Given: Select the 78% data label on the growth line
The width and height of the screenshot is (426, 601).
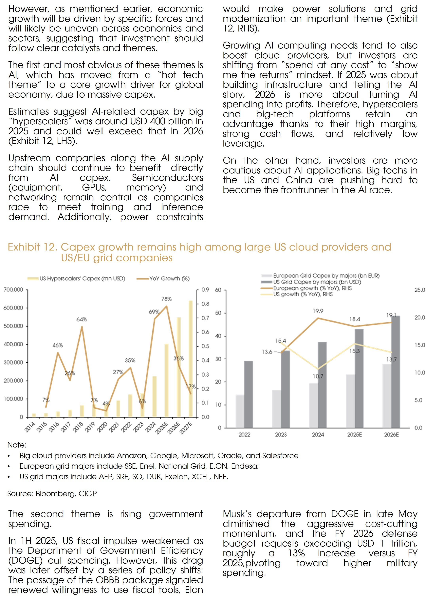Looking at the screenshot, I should click(x=166, y=299).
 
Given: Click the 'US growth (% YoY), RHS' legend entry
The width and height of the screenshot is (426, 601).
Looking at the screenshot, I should click(x=303, y=294).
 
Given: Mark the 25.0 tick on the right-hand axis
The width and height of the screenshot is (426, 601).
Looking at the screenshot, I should click(x=419, y=290).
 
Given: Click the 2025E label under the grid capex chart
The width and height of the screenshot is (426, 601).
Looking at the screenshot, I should click(x=354, y=434).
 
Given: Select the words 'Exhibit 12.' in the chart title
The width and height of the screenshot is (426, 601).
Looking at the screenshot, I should click(x=32, y=247).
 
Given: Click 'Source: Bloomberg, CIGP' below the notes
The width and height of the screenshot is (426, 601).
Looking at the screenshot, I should click(x=52, y=494).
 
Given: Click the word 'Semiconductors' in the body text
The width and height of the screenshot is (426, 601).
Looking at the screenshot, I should click(x=167, y=178).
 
